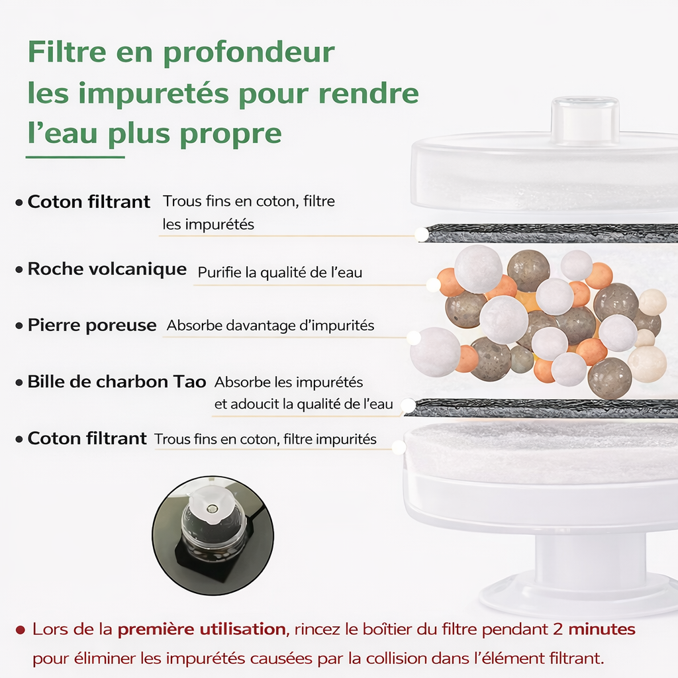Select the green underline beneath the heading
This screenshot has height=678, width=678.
75,157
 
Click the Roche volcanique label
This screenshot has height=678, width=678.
107,269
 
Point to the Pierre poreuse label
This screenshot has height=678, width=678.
92,326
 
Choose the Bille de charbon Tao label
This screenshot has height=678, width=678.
117,382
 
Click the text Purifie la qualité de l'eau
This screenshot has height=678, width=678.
280,272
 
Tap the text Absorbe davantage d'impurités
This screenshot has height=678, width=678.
270,326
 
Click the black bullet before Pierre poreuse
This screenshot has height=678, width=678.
19,326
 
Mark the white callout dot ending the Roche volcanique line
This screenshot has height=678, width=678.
433,285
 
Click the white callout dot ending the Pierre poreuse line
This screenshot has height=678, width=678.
413,338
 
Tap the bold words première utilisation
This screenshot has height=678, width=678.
202,629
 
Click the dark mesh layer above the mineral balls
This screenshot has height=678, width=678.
550,233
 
